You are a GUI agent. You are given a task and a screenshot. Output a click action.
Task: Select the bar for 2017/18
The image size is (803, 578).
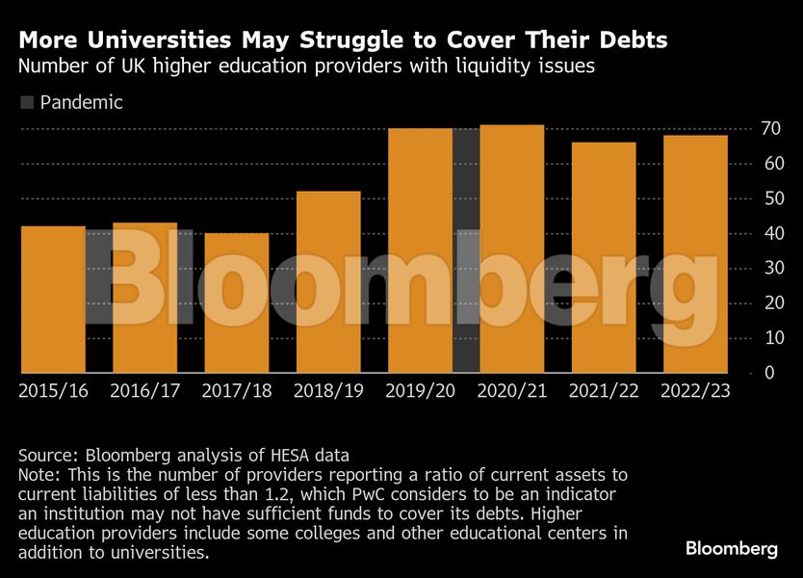coord(236,302)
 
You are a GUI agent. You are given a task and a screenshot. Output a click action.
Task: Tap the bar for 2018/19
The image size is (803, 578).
coord(328,281)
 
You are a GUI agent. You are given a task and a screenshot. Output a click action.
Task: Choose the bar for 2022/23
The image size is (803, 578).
coord(695,253)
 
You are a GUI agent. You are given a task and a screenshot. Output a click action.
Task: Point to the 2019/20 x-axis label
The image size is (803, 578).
coord(420,391)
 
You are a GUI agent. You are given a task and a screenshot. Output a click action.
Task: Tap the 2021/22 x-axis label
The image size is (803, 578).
coord(604,391)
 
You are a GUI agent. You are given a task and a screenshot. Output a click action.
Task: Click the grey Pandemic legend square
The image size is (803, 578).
coord(27,102)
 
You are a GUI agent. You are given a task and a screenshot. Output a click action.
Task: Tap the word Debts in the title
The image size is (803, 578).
coord(630,41)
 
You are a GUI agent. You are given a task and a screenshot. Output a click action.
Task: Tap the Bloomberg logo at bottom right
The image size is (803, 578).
coord(731,548)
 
